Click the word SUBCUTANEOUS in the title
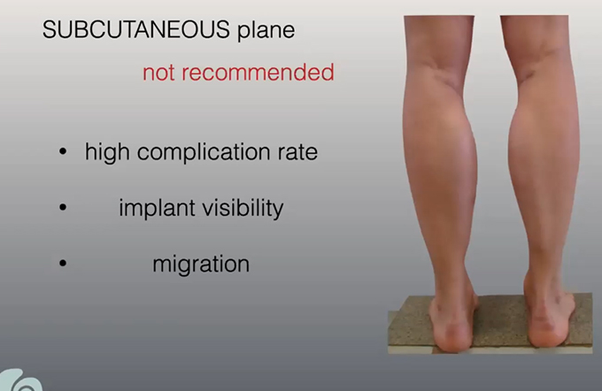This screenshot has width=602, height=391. tap(136, 29)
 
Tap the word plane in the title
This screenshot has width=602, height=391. tap(266, 31)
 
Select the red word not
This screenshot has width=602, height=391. tap(159, 73)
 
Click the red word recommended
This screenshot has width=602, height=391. tap(258, 72)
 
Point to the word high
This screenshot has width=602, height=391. tap(107, 152)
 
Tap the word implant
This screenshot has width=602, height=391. tap(157, 209)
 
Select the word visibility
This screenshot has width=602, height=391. tap(243, 209)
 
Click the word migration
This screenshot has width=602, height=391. tap(201, 264)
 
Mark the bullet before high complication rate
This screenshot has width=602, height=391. tap(63, 151)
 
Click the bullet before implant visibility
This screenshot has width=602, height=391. tap(63, 208)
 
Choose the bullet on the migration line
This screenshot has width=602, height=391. tap(63, 264)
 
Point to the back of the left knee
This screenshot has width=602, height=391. tap(438, 65)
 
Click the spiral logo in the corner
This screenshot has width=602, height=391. tap(20, 380)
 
